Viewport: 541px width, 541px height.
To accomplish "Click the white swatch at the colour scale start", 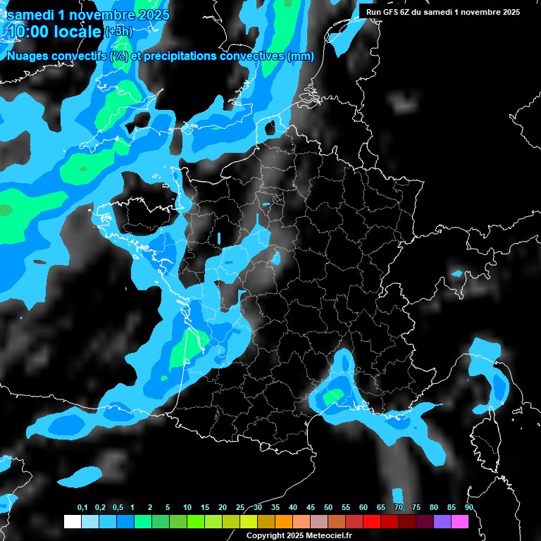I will [x=72, y=521].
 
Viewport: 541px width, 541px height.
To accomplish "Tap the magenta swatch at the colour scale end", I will [x=459, y=521].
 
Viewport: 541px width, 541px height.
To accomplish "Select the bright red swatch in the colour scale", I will [x=371, y=521].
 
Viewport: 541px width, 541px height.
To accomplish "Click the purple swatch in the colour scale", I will [x=442, y=521].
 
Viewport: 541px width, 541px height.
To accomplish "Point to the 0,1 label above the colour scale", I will [x=82, y=507].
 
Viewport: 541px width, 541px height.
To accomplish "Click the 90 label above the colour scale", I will [x=468, y=507].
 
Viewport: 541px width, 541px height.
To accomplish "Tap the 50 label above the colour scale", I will [x=328, y=507].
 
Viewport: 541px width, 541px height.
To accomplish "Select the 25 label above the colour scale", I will [x=240, y=507].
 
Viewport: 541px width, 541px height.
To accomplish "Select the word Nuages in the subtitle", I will [x=28, y=56].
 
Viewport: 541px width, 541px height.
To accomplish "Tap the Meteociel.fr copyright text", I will [x=321, y=535].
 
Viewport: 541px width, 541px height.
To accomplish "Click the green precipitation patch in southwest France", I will [x=185, y=347].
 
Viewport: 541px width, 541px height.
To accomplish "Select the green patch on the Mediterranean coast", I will [x=332, y=397].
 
